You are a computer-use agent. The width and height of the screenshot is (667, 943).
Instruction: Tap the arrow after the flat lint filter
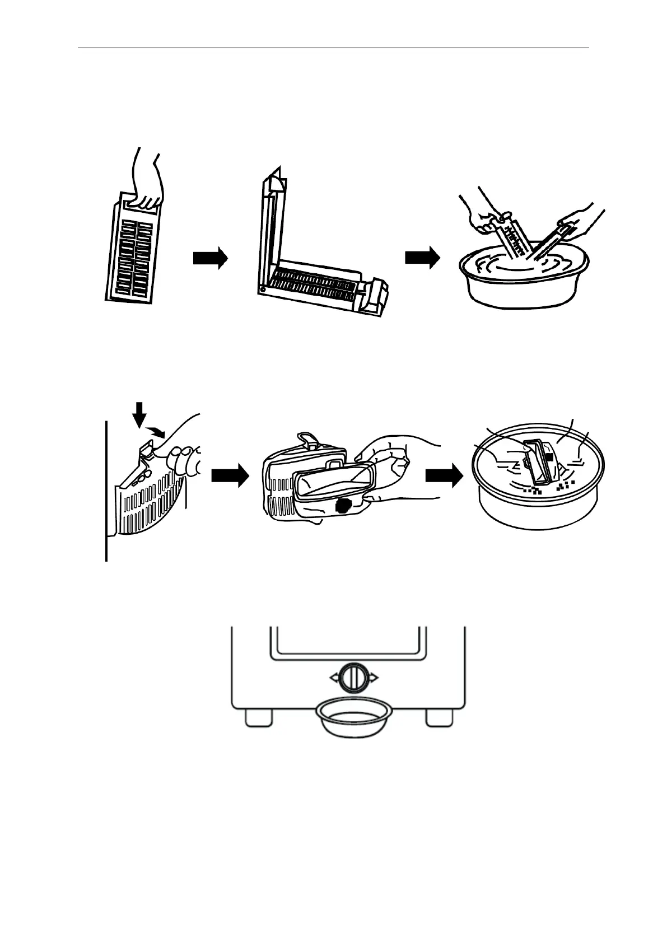click(x=210, y=258)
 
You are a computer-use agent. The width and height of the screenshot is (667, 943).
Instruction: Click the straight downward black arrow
click(x=140, y=415)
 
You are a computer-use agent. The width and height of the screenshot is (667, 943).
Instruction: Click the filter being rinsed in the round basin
click(x=540, y=462)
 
